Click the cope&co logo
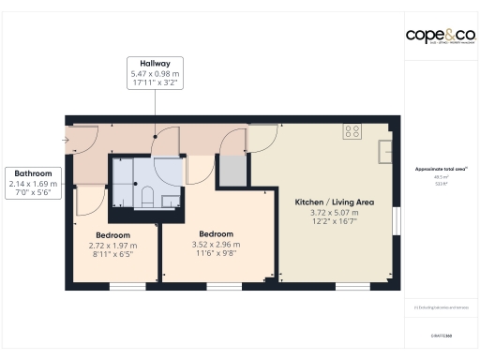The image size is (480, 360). [440, 36]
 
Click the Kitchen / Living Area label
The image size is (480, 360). [334, 202]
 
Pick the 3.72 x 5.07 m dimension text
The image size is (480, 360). [334, 213]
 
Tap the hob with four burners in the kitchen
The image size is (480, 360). [352, 132]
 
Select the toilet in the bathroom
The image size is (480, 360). [148, 196]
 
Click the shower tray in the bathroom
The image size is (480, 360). [125, 172]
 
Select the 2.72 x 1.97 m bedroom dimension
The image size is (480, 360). [112, 245]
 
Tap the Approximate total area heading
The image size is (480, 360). [440, 170]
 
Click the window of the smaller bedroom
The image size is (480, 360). [122, 284]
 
